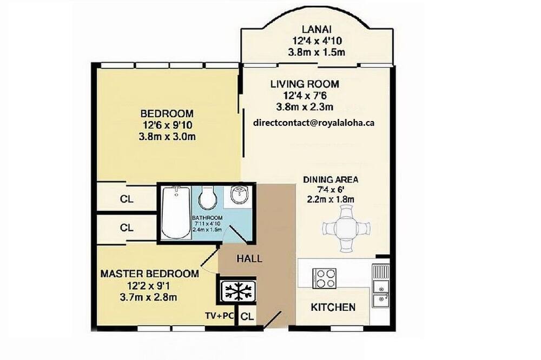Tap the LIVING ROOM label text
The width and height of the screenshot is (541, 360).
pyautogui.click(x=305, y=84)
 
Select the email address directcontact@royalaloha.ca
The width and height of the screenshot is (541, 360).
pyautogui.click(x=314, y=123)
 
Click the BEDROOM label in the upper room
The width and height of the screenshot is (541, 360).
pyautogui.click(x=167, y=114)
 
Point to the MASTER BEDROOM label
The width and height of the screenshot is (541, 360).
pyautogui.click(x=150, y=274)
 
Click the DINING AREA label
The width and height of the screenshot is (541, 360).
pyautogui.click(x=331, y=179)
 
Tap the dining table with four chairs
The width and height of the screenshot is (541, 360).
pyautogui.click(x=346, y=228)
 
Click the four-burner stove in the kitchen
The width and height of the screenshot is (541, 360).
pyautogui.click(x=324, y=278)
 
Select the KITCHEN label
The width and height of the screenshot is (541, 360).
pyautogui.click(x=333, y=307)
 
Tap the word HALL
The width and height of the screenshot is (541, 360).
pyautogui.click(x=249, y=258)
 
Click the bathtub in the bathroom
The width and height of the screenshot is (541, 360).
pyautogui.click(x=176, y=212)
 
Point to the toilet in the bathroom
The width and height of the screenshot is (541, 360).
pyautogui.click(x=207, y=198)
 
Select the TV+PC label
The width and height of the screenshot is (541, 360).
pyautogui.click(x=220, y=316)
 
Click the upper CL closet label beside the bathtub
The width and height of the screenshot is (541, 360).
pyautogui.click(x=127, y=199)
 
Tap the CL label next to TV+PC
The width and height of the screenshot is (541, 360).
pyautogui.click(x=247, y=316)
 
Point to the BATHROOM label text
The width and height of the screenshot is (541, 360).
pyautogui.click(x=207, y=218)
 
